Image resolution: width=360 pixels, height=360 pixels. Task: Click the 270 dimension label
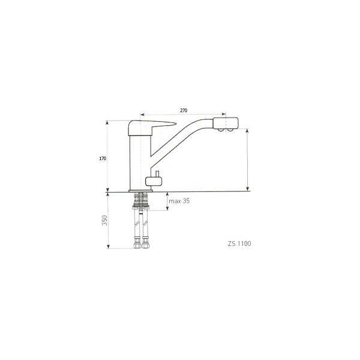184,110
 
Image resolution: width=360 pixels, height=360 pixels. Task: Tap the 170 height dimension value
103,158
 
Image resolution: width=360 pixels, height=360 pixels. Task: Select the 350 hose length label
104,220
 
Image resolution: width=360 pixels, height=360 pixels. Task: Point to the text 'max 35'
179,201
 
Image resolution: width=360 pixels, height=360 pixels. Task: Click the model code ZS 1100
239,244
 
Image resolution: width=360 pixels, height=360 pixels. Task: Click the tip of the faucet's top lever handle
176,124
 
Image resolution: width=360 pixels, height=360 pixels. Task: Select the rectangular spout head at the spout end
226,123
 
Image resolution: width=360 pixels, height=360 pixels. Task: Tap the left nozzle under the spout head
220,130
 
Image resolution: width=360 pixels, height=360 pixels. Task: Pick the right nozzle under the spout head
230,130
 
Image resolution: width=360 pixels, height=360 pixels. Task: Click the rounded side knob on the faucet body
154,182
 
